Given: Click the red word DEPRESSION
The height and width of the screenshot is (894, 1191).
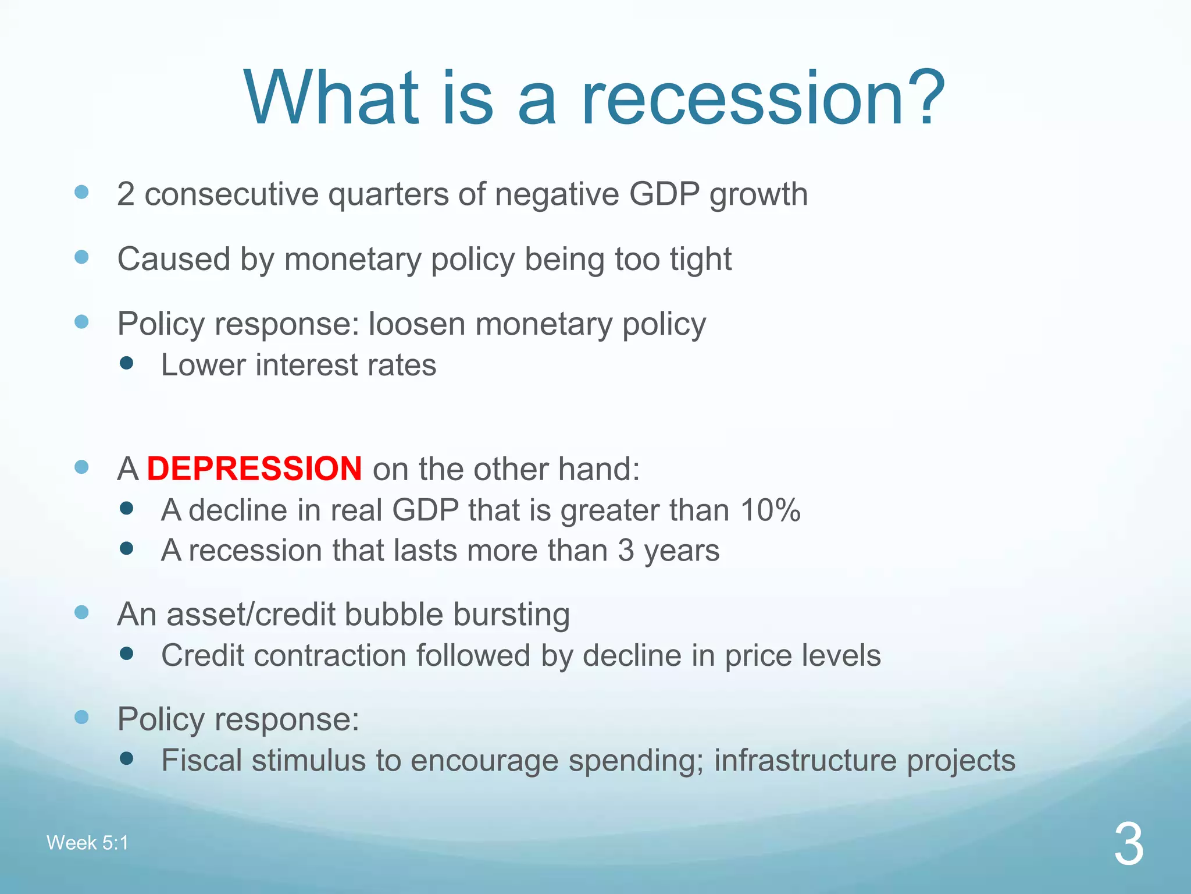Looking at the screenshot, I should [x=254, y=469].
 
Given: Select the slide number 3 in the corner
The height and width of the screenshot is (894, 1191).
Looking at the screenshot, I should [x=1129, y=845].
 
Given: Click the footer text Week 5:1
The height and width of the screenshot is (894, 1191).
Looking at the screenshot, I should [x=87, y=843].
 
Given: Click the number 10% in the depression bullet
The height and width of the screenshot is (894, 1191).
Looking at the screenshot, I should [x=771, y=510].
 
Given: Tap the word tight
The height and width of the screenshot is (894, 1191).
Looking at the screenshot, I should [x=700, y=259].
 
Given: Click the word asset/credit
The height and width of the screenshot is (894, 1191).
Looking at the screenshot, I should [x=249, y=615].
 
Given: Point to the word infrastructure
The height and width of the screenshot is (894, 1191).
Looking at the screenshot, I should [x=805, y=761].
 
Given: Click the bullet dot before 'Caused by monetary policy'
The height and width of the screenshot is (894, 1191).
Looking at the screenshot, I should [x=82, y=257].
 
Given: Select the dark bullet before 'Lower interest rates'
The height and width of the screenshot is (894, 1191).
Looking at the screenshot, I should [x=126, y=364].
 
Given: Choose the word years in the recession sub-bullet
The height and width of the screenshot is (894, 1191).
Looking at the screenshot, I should [x=682, y=551].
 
